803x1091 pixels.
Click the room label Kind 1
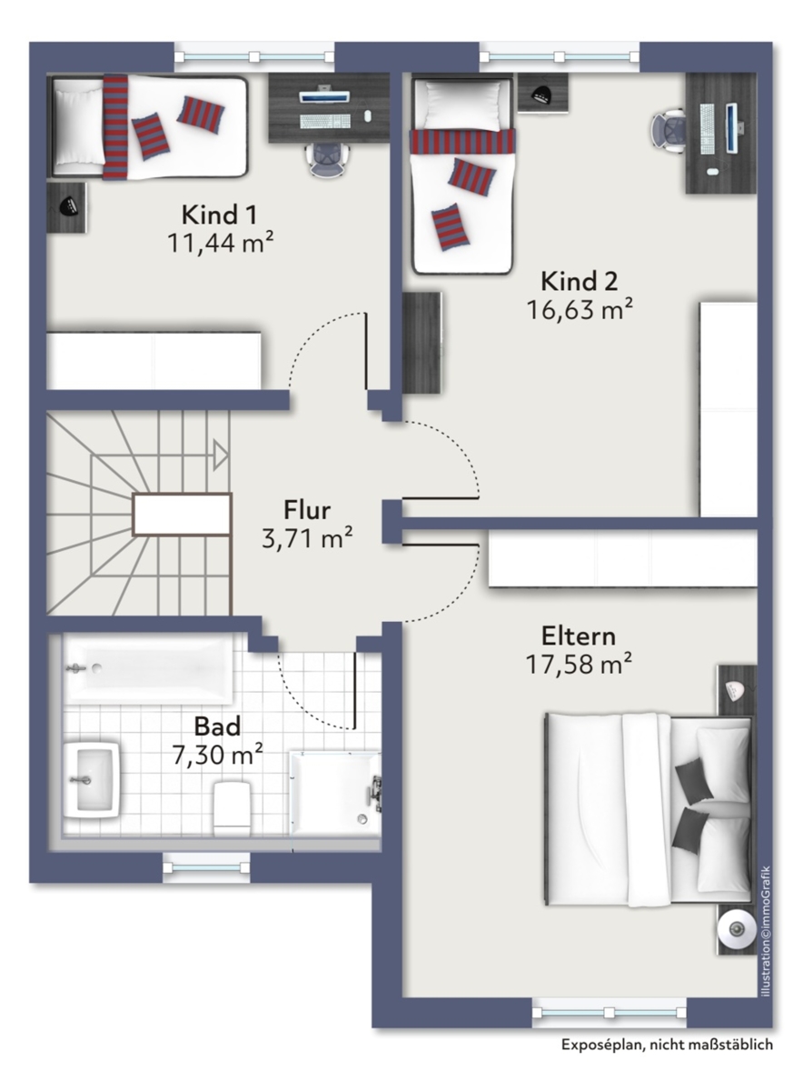(x=219, y=215)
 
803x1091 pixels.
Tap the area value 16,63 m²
(x=580, y=309)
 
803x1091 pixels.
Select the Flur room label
(x=307, y=510)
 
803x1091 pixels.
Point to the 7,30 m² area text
(x=217, y=755)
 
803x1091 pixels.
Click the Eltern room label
(x=579, y=636)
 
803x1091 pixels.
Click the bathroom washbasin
(x=92, y=780)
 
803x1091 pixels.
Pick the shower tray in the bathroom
(x=336, y=794)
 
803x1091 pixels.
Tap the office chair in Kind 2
(x=669, y=128)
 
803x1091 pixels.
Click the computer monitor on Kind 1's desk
(x=324, y=96)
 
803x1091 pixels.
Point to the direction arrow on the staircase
(x=221, y=455)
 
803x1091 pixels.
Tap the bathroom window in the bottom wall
(x=206, y=867)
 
